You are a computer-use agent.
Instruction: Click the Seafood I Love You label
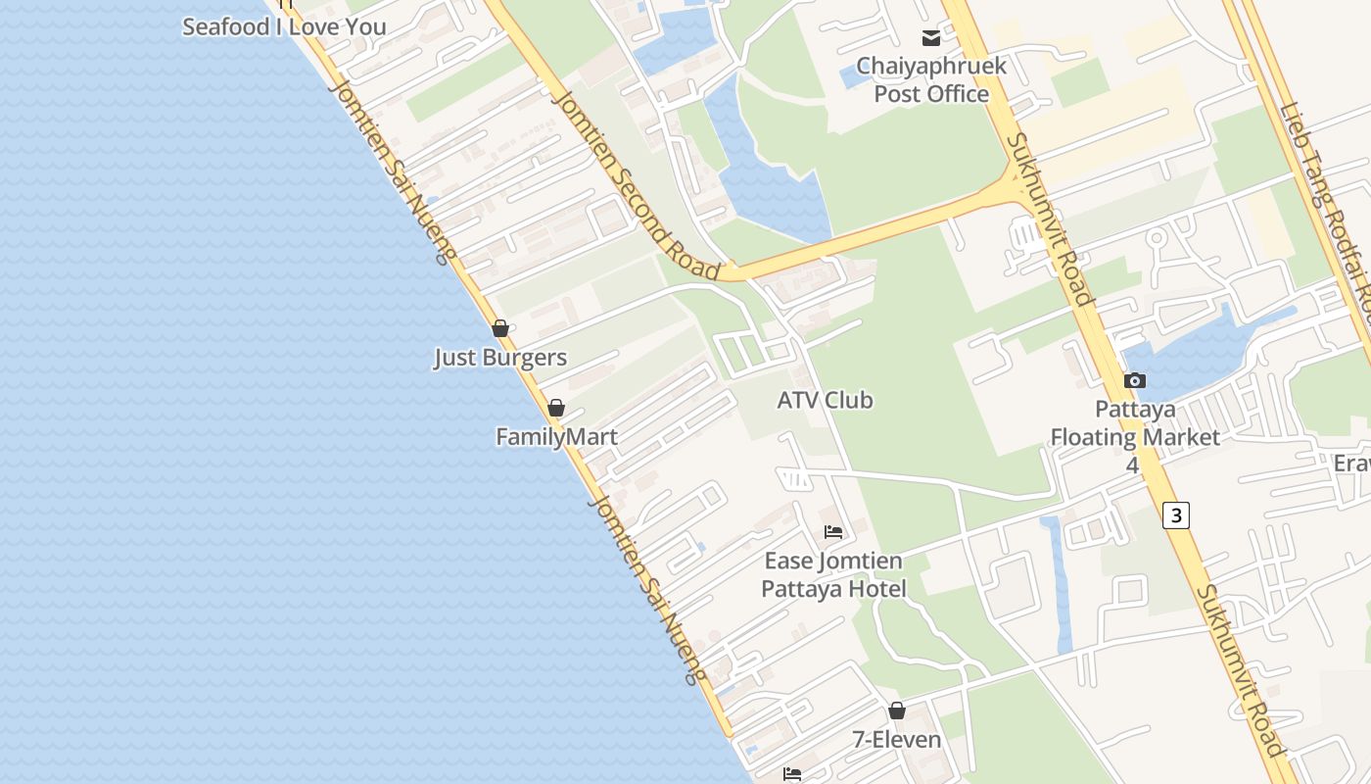[x=284, y=26]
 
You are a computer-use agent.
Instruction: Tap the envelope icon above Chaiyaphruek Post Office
[x=930, y=38]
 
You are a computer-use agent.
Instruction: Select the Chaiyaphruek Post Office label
[x=931, y=80]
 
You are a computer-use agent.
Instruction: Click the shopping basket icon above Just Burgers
[x=500, y=328]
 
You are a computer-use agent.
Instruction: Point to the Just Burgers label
[x=500, y=358]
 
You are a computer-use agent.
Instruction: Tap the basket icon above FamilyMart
[x=556, y=408]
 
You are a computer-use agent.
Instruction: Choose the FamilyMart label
[x=556, y=437]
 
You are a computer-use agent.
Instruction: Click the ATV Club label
[x=825, y=400]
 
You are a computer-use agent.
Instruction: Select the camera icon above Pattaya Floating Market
[x=1135, y=380]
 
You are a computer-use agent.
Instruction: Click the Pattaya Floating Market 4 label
[x=1135, y=436]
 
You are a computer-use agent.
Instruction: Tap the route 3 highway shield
[x=1176, y=514]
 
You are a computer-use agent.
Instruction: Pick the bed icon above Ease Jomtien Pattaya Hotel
[x=833, y=532]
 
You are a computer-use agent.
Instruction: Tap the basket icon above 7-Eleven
[x=897, y=710]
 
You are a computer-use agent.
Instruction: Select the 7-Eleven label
[x=897, y=740]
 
